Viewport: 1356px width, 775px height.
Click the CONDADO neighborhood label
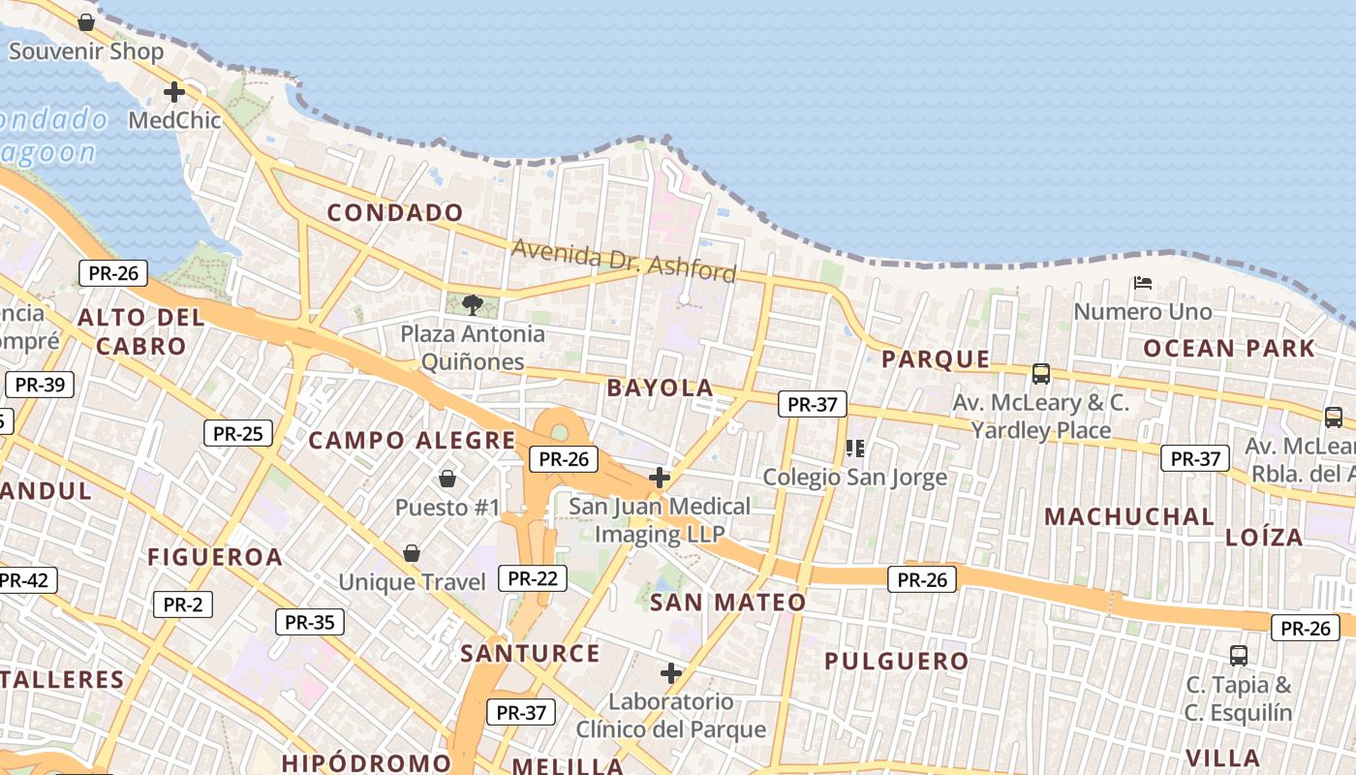tap(395, 213)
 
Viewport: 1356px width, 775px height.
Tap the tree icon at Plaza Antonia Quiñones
tap(472, 305)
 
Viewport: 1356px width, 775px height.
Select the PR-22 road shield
tap(532, 578)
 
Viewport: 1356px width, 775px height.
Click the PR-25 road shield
tap(237, 433)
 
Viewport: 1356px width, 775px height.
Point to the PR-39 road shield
tap(40, 385)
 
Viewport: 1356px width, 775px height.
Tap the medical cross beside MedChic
tap(174, 92)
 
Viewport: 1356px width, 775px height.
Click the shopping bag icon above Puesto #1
tap(447, 478)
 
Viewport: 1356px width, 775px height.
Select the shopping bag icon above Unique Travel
tap(412, 553)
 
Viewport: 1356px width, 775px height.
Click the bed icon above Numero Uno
tap(1143, 283)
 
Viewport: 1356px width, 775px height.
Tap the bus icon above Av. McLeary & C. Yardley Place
tap(1041, 373)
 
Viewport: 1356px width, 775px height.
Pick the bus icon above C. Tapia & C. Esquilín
tap(1239, 655)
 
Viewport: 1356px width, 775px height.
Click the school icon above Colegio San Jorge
tap(854, 448)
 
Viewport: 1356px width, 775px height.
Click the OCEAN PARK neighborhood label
tap(1229, 349)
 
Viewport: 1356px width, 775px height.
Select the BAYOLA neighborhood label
tap(660, 388)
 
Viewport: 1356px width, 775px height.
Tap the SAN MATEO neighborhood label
tap(727, 603)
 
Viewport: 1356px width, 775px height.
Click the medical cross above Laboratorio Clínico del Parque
tap(671, 673)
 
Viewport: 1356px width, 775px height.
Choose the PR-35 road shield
tap(310, 622)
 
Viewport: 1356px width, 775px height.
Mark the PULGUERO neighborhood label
tap(896, 662)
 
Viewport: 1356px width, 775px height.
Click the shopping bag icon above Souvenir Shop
tap(86, 21)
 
